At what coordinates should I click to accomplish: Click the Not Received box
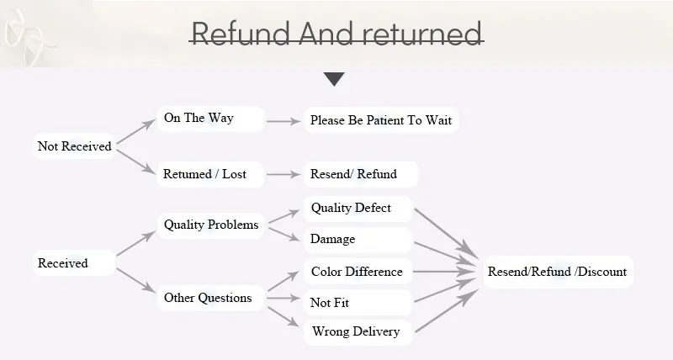(75, 146)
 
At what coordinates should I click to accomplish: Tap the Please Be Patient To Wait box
(380, 120)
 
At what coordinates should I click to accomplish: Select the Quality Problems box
(211, 225)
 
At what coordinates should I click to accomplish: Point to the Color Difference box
(358, 272)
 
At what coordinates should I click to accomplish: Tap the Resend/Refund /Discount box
(557, 272)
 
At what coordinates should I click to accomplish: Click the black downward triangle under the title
(335, 79)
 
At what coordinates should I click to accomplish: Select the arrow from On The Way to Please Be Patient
(284, 120)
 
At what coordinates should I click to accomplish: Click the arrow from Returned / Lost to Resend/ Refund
(284, 174)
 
